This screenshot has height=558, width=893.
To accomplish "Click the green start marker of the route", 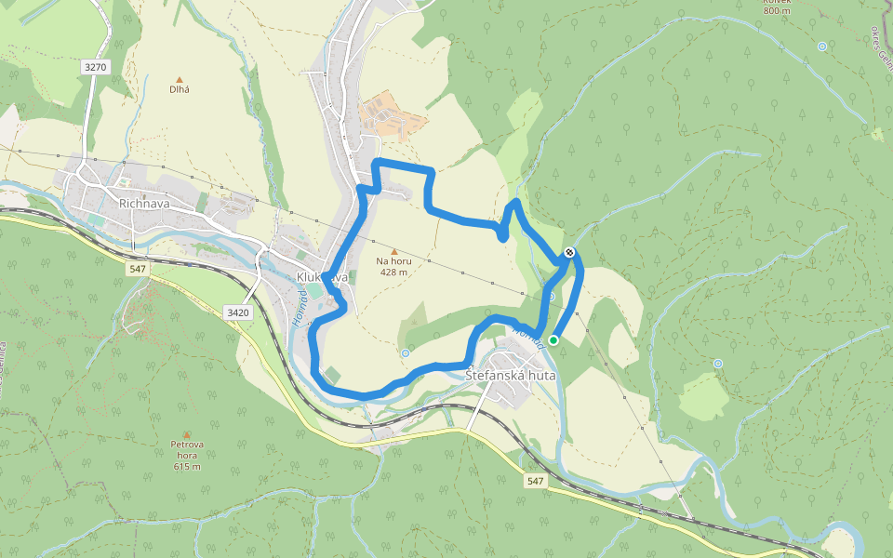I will coord(553,340).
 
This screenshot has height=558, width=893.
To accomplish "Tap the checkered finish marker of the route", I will coord(568,252).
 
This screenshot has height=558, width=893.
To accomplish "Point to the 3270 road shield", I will coord(96,67).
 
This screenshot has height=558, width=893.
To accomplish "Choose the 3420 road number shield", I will coord(238,312).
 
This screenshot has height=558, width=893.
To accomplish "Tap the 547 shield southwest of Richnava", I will coord(139,268).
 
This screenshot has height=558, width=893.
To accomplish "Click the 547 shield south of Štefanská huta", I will coord(534,481).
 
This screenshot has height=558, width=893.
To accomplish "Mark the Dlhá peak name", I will coord(180,89).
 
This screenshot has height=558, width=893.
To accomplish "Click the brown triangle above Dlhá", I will coord(180,79).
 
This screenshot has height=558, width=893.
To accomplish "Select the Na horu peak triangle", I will coord(393,251).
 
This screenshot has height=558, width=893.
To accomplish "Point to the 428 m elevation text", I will coord(393,272).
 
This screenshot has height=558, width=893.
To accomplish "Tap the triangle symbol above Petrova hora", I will coord(187,434).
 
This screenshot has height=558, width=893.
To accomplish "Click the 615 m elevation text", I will coord(187,466).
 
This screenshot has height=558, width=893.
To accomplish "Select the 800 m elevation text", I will coord(777,10).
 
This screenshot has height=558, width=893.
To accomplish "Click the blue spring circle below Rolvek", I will coord(822,46).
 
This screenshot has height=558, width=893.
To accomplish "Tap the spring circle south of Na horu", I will coord(406,353).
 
